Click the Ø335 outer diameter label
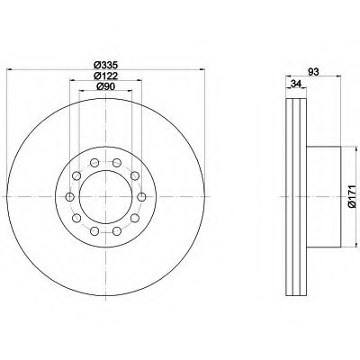pyautogui.click(x=105, y=65)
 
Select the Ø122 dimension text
pyautogui.click(x=105, y=76)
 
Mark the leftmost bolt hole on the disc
pyautogui.click(x=70, y=197)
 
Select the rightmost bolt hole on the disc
pyautogui.click(x=142, y=197)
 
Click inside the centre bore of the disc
pyautogui.click(x=106, y=197)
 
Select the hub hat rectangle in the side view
pyautogui.click(x=325, y=197)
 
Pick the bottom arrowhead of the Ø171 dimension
pyautogui.click(x=343, y=246)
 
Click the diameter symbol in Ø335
pyautogui.click(x=95, y=65)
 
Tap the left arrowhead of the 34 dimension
pyautogui.click(x=288, y=90)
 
